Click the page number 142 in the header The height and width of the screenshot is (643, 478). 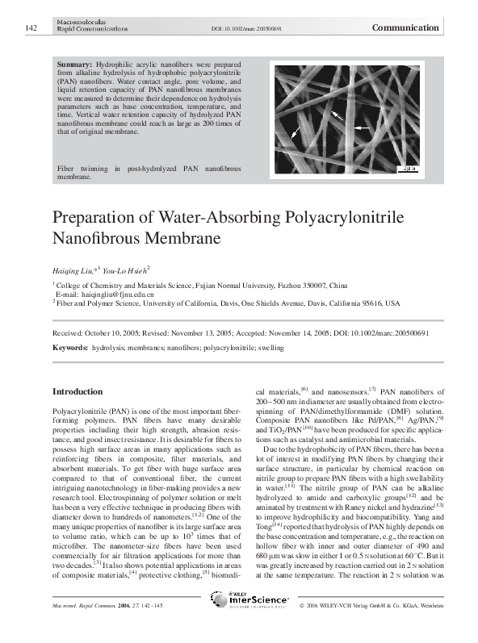click(x=31, y=28)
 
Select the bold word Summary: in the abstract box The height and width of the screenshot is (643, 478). click(x=76, y=63)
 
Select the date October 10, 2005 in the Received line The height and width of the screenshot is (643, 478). click(x=114, y=333)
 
